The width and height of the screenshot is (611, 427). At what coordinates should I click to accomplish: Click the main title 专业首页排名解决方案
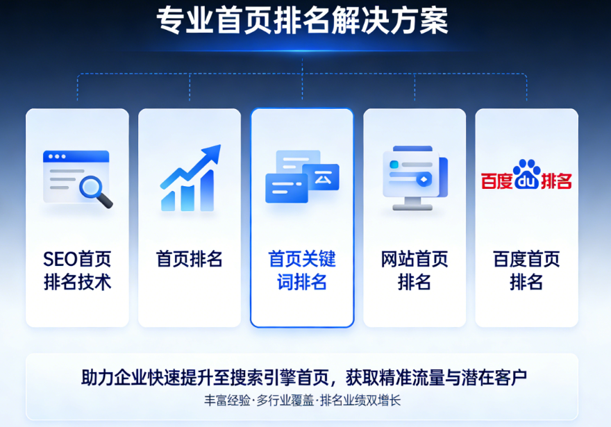(x=302, y=20)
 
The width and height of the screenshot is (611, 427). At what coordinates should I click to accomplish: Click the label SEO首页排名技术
(x=77, y=270)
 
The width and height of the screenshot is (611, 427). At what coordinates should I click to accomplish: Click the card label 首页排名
(x=190, y=259)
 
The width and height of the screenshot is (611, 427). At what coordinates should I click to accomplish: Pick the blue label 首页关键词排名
(x=302, y=270)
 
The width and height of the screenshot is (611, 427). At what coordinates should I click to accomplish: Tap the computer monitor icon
(x=415, y=178)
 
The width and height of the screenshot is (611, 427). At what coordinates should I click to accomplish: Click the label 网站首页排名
(x=415, y=270)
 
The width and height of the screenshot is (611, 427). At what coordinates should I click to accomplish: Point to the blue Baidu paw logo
(x=527, y=174)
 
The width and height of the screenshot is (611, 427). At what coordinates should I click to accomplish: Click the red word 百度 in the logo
(x=496, y=181)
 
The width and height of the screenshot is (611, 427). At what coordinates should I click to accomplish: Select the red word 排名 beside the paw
(x=556, y=181)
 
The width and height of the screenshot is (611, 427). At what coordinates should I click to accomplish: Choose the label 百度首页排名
(x=526, y=270)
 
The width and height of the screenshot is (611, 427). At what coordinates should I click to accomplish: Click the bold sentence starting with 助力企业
(x=304, y=377)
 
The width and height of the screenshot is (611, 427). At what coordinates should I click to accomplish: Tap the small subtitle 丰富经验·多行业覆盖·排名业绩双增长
(x=303, y=400)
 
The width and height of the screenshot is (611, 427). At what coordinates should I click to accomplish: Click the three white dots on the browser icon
(x=57, y=157)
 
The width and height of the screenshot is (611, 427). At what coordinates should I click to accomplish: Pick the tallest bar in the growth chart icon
(x=208, y=190)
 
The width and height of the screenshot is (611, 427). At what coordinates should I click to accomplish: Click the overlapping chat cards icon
(x=303, y=176)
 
